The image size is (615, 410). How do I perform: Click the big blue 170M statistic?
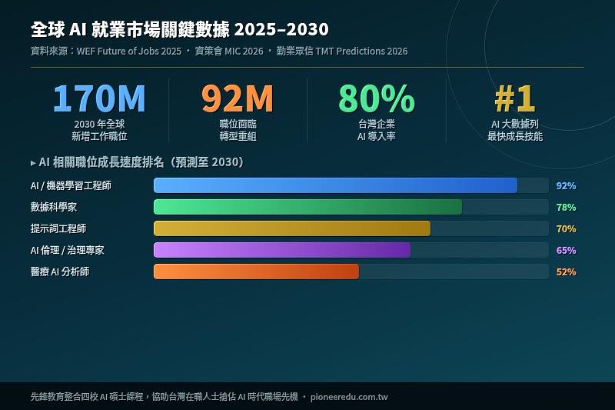99,98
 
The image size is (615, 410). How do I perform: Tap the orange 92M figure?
238,98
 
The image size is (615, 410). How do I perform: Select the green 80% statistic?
377,98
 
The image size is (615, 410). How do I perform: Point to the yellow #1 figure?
514,98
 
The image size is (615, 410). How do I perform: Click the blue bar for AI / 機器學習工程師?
335,185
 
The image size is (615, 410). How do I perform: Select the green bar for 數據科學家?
307,207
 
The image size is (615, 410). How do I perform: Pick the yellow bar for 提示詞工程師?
292,228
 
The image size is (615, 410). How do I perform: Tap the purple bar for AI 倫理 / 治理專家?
282,250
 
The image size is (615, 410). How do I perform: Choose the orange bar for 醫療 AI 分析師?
256,272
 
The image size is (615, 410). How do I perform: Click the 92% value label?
566,186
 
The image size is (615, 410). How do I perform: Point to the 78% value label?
566,208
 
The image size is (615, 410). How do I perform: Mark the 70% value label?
566,229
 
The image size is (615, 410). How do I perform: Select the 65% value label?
566,251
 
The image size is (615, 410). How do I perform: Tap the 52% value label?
566,272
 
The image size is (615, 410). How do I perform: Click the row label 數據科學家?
54,208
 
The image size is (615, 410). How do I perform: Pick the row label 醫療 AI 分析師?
60,272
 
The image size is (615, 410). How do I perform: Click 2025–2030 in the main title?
281,30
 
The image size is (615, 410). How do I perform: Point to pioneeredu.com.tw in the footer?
351,397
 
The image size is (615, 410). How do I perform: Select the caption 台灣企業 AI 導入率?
377,130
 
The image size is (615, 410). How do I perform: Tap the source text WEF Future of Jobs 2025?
129,52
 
